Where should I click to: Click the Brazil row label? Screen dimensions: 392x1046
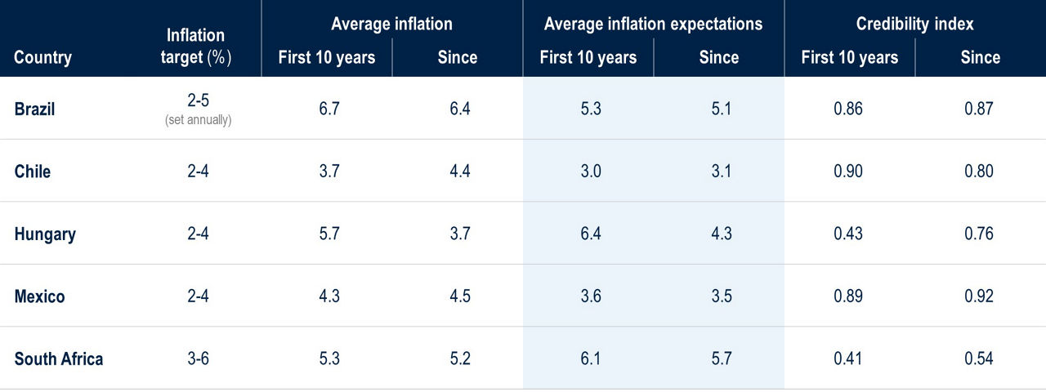(x=34, y=109)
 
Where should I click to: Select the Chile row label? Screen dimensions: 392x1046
(x=33, y=171)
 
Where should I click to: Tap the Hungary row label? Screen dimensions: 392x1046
(x=45, y=234)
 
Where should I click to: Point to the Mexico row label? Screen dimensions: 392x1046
(x=39, y=296)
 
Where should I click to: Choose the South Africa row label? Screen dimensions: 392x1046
(x=59, y=359)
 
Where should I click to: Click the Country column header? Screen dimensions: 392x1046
(x=42, y=58)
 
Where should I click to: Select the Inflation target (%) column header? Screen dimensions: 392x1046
(x=196, y=47)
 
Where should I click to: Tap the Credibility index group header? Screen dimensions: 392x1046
(x=914, y=24)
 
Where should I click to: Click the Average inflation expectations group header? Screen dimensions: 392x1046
(x=653, y=24)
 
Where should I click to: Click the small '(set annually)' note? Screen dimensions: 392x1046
(x=198, y=120)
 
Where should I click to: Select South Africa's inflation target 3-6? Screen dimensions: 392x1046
(x=198, y=359)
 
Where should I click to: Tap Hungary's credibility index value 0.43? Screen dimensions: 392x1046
(x=848, y=234)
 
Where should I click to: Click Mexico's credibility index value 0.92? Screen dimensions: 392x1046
(x=979, y=296)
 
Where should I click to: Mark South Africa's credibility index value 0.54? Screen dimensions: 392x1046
(x=979, y=359)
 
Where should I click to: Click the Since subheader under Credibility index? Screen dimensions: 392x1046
(x=980, y=58)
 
